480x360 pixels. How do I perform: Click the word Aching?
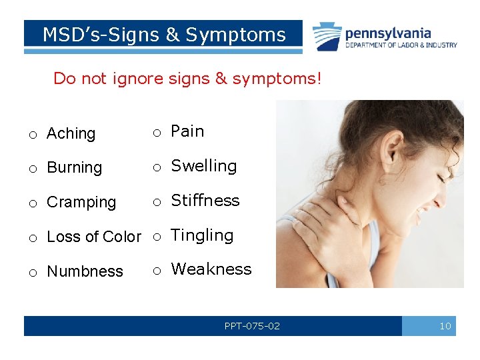[x=71, y=134]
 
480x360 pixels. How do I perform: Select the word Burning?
[x=74, y=168]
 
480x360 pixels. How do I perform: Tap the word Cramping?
[x=81, y=202]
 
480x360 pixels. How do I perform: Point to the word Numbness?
[x=85, y=271]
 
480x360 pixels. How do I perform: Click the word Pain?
[x=187, y=131]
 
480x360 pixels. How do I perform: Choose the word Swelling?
[x=203, y=166]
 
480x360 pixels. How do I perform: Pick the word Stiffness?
[x=205, y=201]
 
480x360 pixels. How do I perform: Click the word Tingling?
[x=202, y=235]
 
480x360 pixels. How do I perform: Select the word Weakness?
[x=211, y=269]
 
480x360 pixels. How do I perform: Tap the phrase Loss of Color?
[x=94, y=237]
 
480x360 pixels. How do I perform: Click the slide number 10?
[x=445, y=326]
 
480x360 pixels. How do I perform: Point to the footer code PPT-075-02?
[x=252, y=326]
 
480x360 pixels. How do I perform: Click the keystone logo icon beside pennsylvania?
[x=327, y=37]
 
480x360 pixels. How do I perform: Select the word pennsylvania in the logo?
[x=388, y=33]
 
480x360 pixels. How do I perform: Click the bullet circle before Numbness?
[x=32, y=272]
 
